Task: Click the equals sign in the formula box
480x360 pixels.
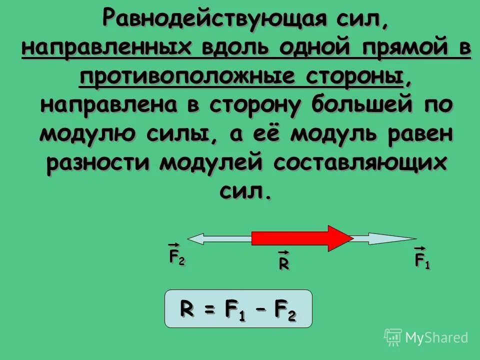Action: [x=209, y=310]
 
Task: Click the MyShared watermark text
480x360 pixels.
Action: [x=436, y=337]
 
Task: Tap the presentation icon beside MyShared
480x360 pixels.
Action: [x=393, y=337]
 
